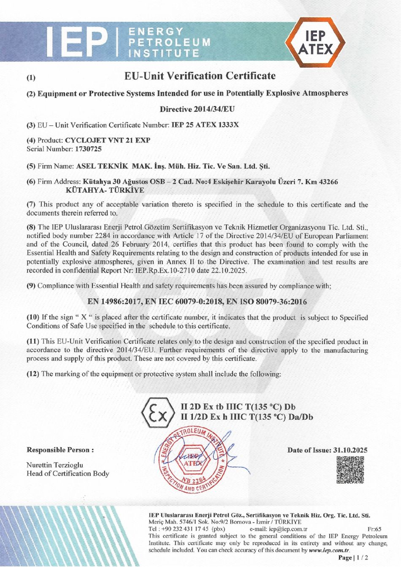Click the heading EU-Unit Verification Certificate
[x=200, y=76]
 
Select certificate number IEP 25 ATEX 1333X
[x=205, y=125]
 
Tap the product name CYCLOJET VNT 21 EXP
[x=108, y=140]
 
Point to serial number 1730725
[x=88, y=149]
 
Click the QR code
[x=350, y=470]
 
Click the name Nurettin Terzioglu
[x=55, y=465]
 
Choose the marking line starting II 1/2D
[x=247, y=417]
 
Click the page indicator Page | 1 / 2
[x=353, y=558]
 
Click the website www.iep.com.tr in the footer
[x=329, y=550]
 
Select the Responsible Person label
[x=60, y=450]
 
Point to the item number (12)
[x=33, y=374]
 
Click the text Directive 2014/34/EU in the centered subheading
[x=197, y=109]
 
